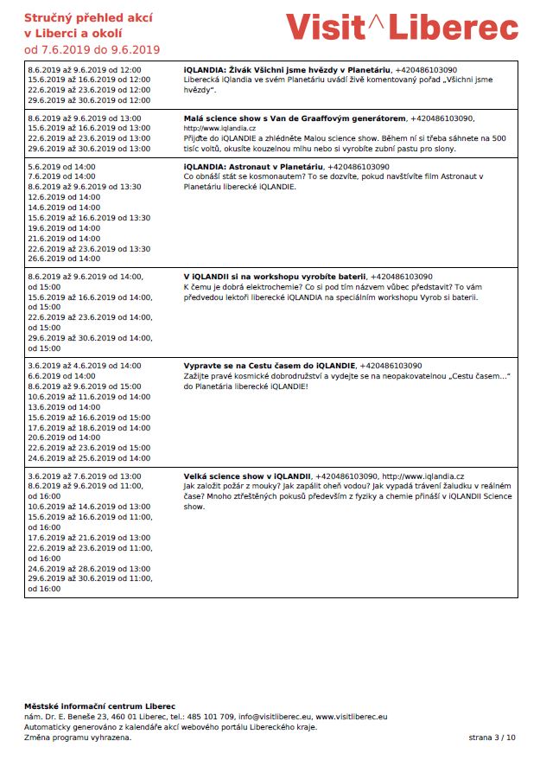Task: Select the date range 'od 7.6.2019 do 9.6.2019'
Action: [92, 50]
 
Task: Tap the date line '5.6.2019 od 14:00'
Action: [64, 167]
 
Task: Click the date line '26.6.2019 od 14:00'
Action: [64, 259]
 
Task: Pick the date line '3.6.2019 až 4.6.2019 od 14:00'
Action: [85, 366]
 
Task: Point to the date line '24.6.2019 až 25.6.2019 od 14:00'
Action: [89, 458]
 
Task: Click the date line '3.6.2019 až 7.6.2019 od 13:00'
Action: [85, 476]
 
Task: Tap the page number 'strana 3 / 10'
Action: [492, 737]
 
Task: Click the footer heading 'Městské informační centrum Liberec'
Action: [99, 706]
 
